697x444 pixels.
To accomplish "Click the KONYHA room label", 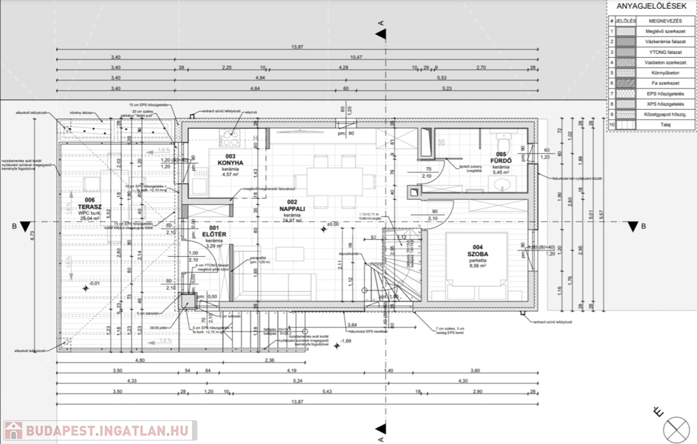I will click(x=230, y=163).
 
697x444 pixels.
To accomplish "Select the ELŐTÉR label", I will click(x=214, y=235).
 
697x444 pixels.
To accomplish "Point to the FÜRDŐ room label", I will click(x=501, y=161).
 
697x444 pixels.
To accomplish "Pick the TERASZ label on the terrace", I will click(x=90, y=206).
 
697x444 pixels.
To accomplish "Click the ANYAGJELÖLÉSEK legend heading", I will click(x=651, y=7).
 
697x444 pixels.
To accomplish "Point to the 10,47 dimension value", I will click(x=355, y=57).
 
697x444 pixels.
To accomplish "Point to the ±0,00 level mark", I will click(x=332, y=225).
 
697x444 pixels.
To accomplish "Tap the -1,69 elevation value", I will click(x=346, y=340).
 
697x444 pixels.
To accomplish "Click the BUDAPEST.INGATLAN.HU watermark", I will click(x=99, y=430).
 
